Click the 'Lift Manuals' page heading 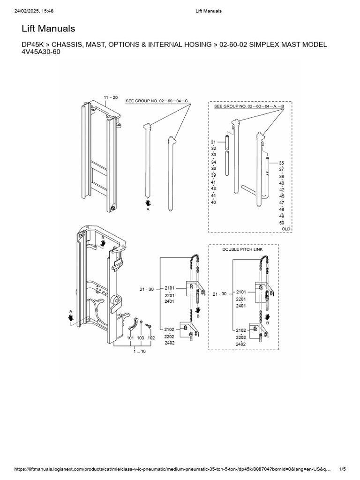tap(48, 29)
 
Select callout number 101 tap(130, 337)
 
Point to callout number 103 tap(140, 337)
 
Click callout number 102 tap(151, 337)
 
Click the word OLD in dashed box tap(286, 229)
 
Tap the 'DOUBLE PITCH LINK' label tap(242, 249)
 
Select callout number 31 tap(213, 142)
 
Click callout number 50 tap(282, 222)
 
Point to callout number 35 tap(282, 163)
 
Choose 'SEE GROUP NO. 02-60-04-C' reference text tap(157, 101)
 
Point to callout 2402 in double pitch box tap(241, 344)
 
